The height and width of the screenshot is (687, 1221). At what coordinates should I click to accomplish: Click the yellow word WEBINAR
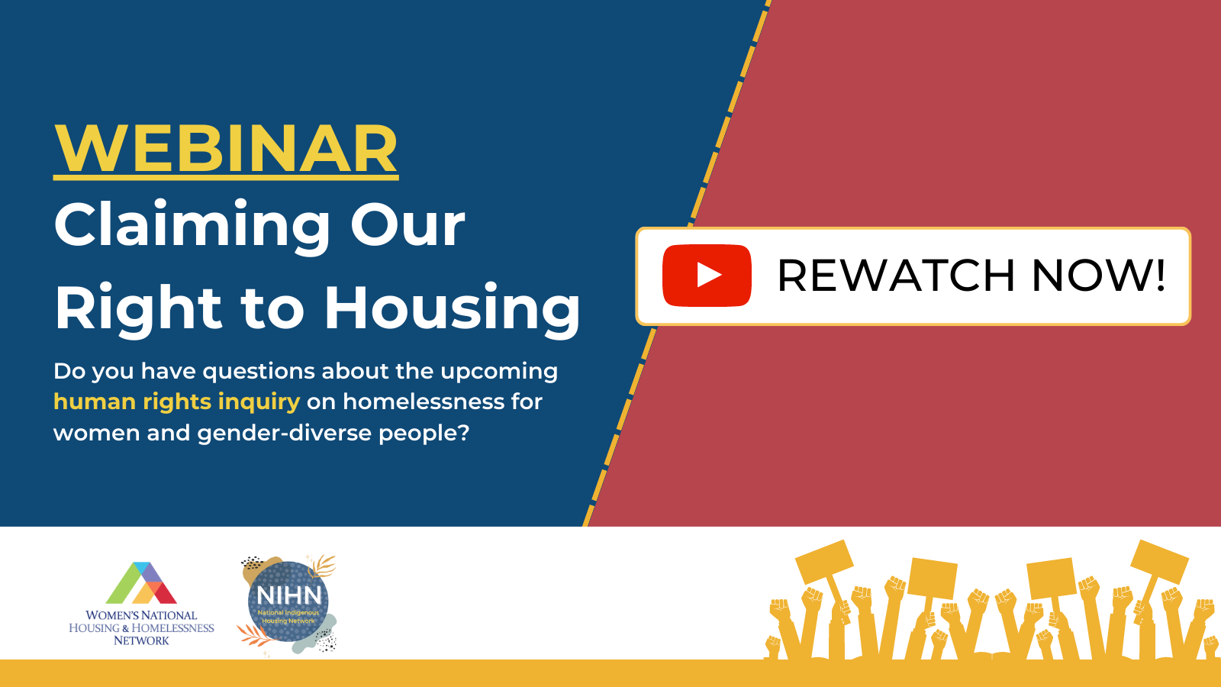[226, 148]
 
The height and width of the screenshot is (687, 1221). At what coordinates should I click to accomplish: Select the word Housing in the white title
[453, 308]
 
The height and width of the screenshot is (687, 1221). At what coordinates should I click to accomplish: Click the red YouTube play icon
[707, 276]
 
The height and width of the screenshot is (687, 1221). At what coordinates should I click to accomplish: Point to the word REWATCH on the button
[896, 276]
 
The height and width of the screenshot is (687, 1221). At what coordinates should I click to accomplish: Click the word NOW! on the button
[1098, 276]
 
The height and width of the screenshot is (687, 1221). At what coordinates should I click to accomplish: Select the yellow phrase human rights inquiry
[176, 402]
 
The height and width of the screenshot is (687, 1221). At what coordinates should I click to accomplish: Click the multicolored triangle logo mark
[141, 583]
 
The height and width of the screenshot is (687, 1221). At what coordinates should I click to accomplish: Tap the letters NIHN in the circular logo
[289, 595]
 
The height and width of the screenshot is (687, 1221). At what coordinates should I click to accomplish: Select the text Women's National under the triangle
[141, 615]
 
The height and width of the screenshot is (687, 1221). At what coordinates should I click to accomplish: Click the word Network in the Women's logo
[141, 640]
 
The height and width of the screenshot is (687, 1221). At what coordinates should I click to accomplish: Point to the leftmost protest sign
[824, 563]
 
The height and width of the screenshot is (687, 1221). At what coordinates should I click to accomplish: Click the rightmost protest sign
[1159, 563]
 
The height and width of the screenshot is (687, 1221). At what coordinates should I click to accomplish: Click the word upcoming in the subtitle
[499, 372]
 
